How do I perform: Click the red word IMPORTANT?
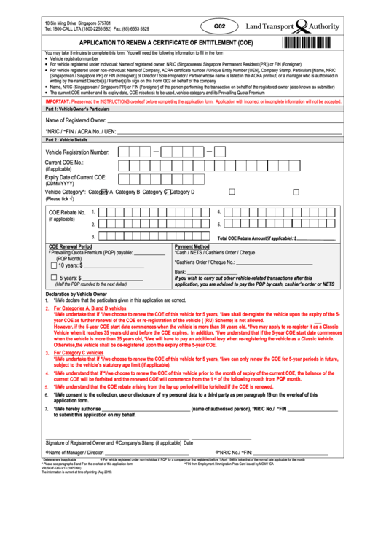click(x=61, y=101)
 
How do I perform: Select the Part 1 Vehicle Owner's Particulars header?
click(x=82, y=108)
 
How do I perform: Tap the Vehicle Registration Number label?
click(x=77, y=152)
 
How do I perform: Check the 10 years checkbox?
click(x=53, y=266)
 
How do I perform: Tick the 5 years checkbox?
click(x=53, y=278)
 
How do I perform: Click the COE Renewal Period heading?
click(x=70, y=246)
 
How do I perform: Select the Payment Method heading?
click(x=192, y=246)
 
